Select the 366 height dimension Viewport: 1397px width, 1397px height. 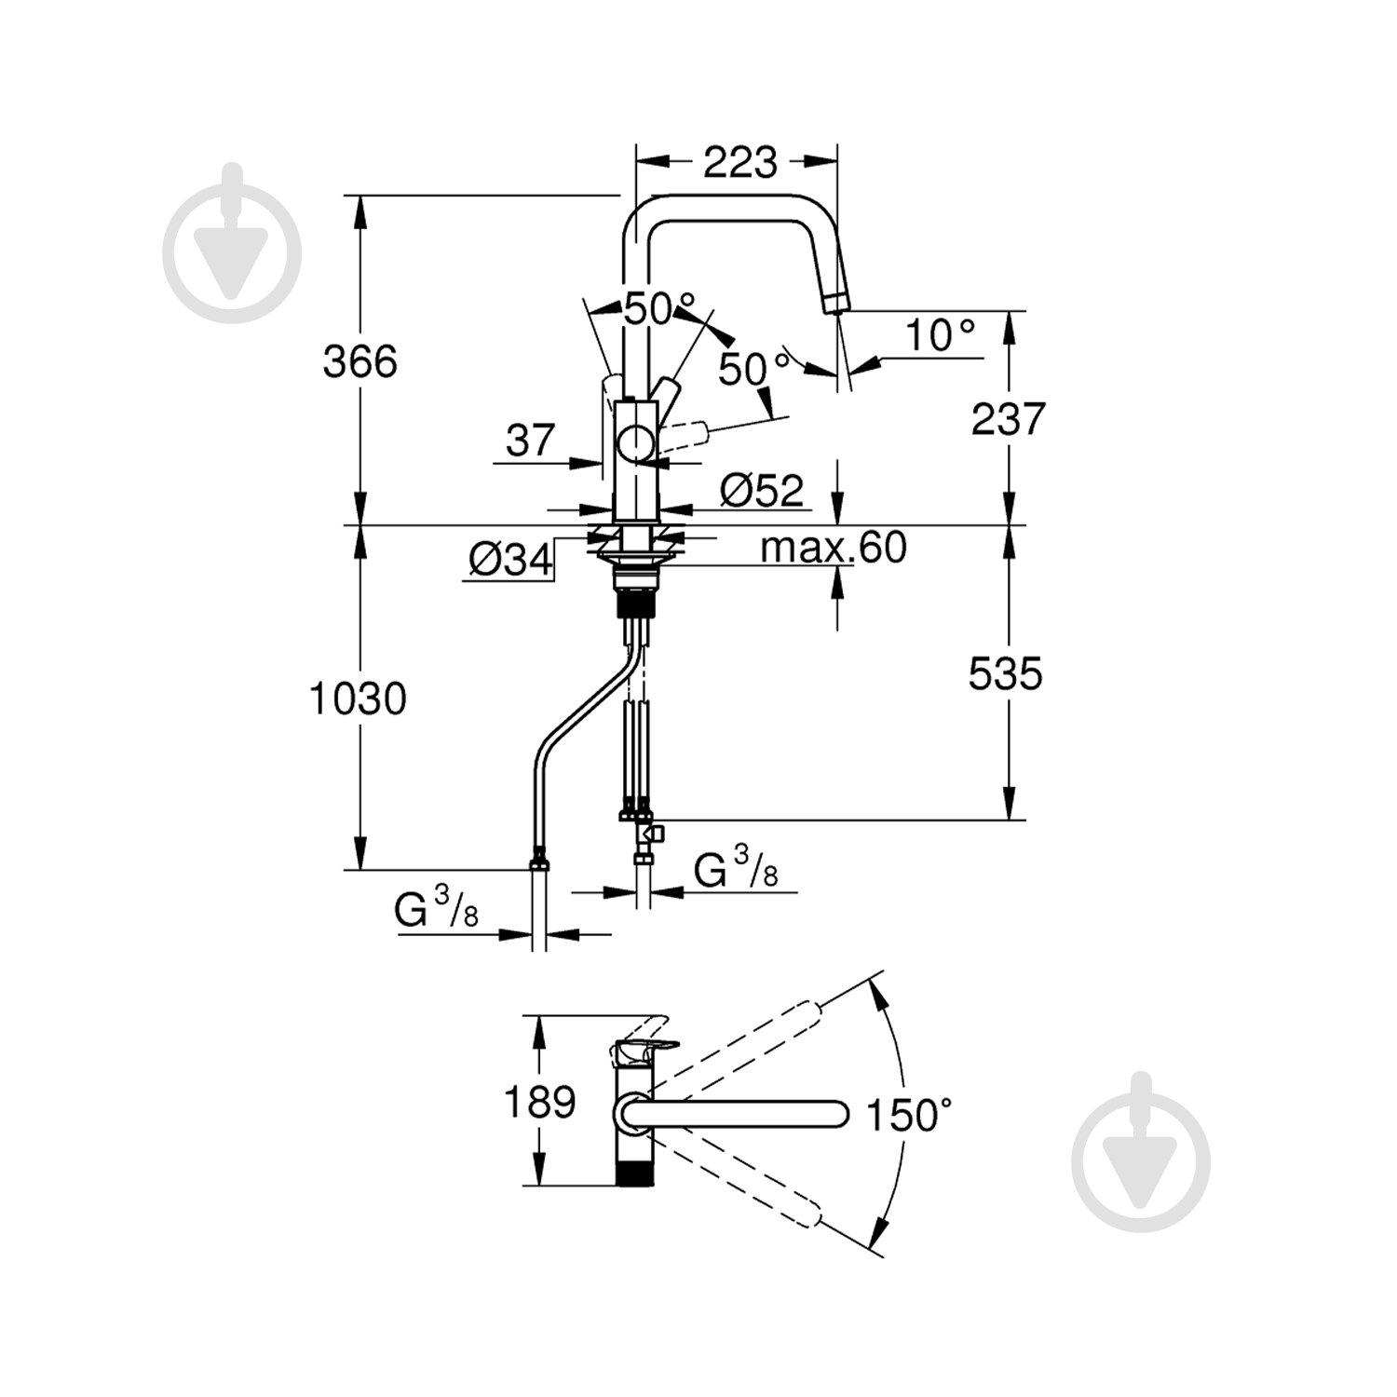[359, 361]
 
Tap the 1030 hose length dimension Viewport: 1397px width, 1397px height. [358, 698]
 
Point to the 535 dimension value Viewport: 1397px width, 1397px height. [1005, 673]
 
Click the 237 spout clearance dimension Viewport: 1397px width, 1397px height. [1008, 419]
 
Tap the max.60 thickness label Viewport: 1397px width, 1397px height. [833, 548]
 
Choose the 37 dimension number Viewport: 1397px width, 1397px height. [530, 440]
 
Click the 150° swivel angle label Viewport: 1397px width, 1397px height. [909, 1114]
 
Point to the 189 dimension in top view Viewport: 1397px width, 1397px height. [539, 1103]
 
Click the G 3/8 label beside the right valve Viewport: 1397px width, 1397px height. [736, 869]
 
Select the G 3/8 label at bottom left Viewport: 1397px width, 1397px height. [436, 910]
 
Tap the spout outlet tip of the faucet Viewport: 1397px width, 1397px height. [835, 303]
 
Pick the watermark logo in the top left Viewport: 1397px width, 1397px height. [232, 245]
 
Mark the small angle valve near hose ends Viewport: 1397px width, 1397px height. [648, 832]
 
